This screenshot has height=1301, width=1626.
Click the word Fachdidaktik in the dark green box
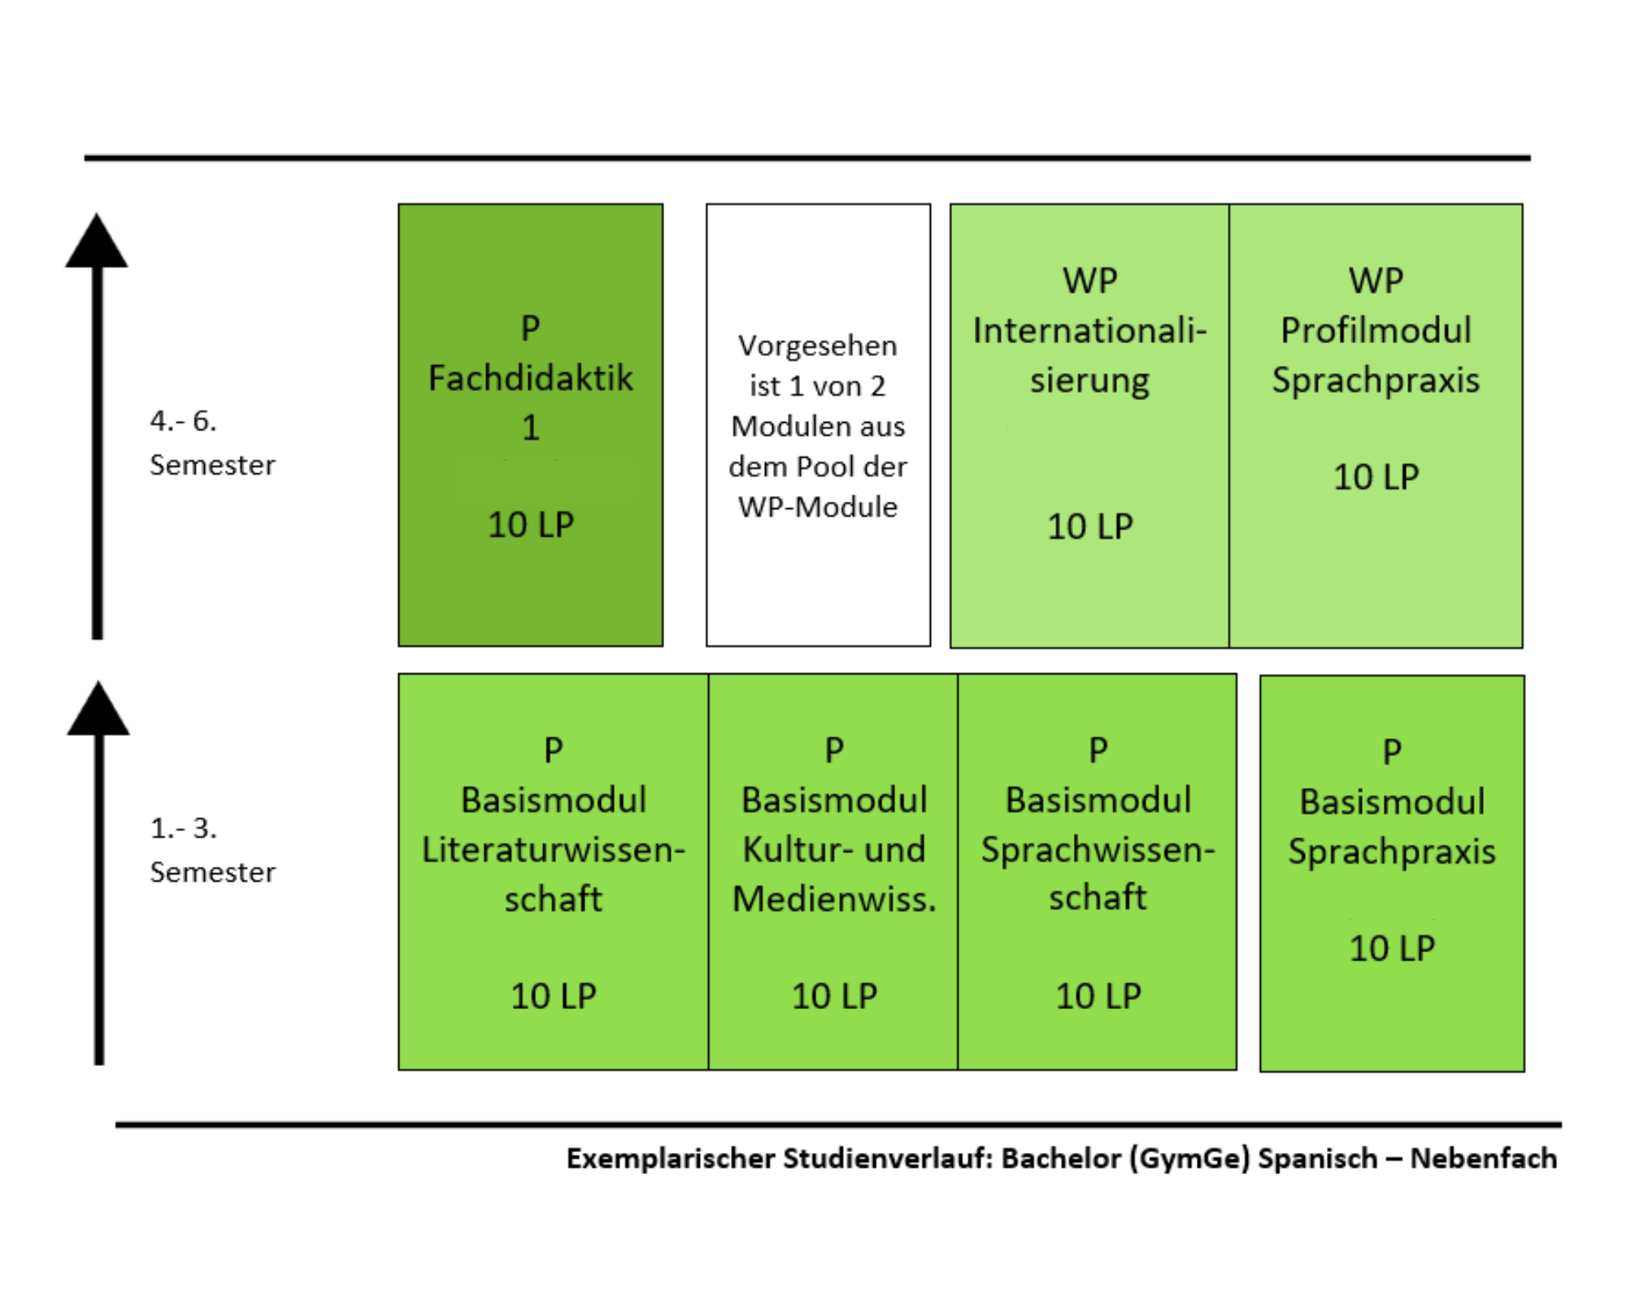pos(530,378)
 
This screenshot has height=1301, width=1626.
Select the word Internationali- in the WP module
pos(1089,331)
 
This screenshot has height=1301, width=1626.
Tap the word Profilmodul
pos(1376,330)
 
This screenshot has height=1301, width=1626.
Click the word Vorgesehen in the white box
pos(818,346)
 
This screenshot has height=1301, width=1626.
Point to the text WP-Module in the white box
pos(818,507)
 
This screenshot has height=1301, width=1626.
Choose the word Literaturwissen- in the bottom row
pos(554,850)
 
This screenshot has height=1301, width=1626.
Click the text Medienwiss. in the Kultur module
pos(834,899)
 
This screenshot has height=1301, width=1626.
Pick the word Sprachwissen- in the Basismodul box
pos(1098,850)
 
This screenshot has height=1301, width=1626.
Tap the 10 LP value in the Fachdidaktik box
pos(531,524)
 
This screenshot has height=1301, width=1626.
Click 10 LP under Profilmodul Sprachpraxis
pos(1376,477)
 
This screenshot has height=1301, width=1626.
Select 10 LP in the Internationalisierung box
pos(1089,527)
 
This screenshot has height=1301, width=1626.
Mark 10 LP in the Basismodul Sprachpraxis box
pos(1392,948)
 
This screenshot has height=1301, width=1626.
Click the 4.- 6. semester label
pos(212,443)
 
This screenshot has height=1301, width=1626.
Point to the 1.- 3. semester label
pos(212,850)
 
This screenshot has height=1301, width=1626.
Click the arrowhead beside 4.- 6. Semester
pos(97,241)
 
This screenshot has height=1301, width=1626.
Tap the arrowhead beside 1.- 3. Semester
pos(98,708)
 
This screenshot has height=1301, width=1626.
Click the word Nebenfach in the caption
pos(1484,1158)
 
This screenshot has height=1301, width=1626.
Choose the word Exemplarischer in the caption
pos(671,1159)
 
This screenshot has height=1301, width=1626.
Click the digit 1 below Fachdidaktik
pos(530,428)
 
